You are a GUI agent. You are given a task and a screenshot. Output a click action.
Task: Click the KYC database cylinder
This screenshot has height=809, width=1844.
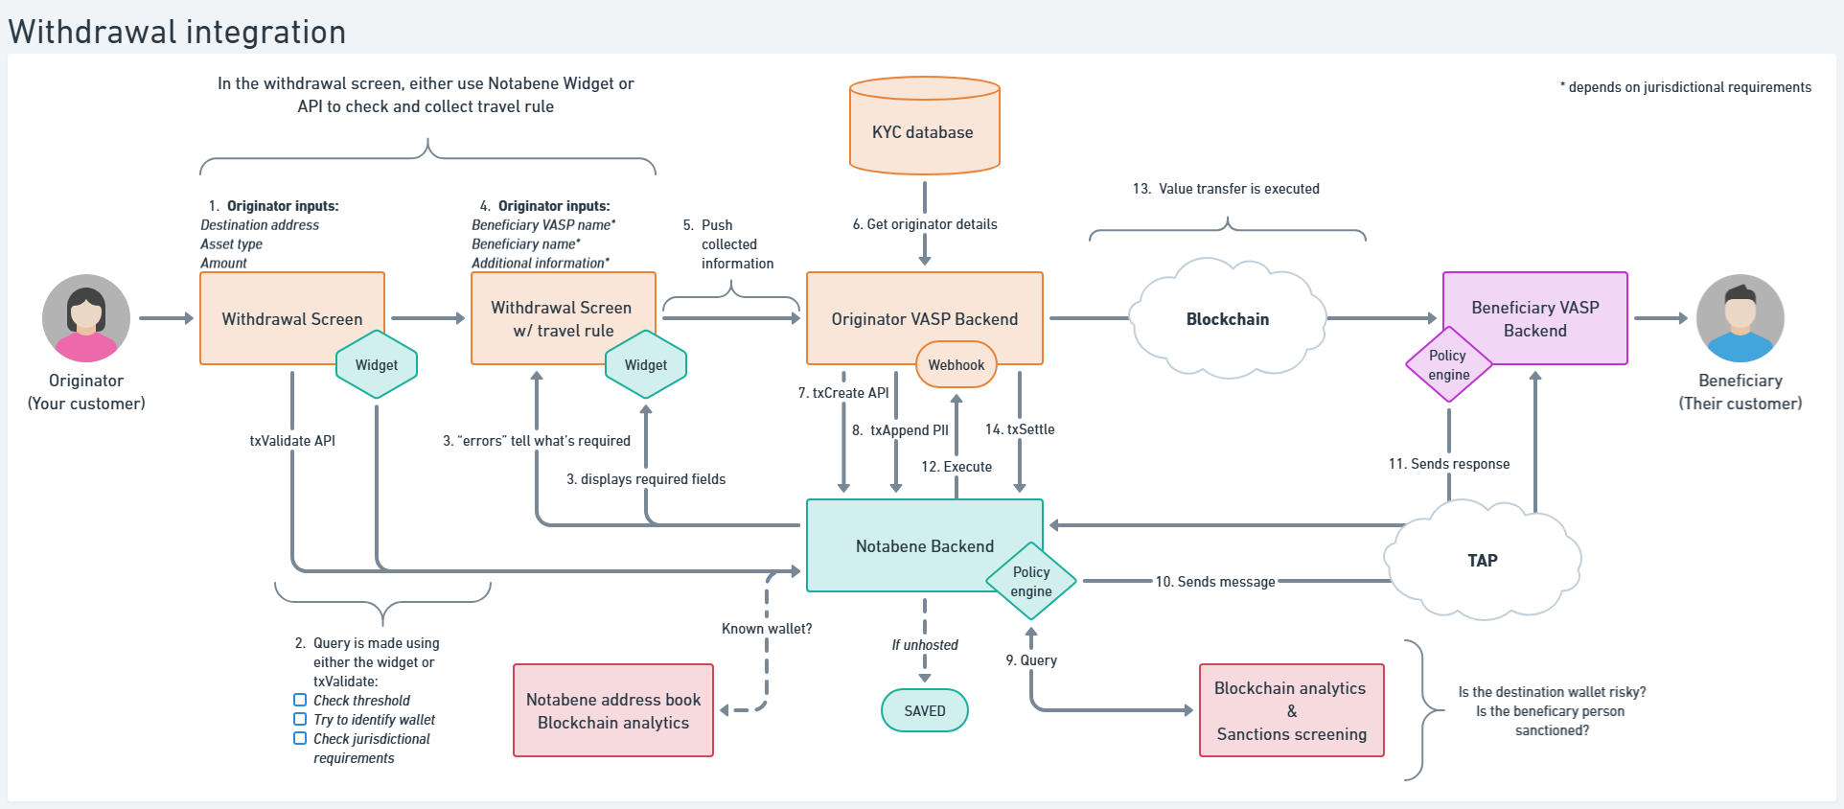click(924, 130)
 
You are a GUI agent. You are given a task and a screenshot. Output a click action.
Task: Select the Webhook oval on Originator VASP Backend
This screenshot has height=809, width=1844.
click(956, 365)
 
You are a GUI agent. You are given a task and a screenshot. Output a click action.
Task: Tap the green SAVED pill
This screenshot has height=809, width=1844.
click(924, 710)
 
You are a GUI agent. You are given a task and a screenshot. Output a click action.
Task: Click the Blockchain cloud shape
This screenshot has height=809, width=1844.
click(1227, 319)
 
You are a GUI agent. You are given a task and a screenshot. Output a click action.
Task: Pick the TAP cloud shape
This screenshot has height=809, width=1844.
click(1482, 561)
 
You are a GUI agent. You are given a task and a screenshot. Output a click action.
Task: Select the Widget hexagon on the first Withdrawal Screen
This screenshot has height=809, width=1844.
click(377, 365)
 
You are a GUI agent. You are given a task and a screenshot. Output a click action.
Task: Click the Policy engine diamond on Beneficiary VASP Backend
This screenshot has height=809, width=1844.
click(1448, 365)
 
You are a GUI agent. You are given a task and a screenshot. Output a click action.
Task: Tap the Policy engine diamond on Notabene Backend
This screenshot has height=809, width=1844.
click(1031, 581)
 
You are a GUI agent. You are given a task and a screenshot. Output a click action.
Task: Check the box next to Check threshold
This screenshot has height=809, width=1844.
click(300, 700)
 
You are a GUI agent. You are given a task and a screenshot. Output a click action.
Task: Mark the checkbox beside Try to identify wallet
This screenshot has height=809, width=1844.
click(300, 719)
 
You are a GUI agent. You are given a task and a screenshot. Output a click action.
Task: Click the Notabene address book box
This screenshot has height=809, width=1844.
click(613, 710)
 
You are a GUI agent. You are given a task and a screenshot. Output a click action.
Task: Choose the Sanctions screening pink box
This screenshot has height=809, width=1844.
click(1291, 710)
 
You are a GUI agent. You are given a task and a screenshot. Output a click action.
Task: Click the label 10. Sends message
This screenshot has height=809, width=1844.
click(1214, 582)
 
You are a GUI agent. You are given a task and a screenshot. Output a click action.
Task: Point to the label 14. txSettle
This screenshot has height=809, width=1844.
click(1020, 429)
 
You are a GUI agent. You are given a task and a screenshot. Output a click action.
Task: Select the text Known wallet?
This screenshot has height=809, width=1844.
click(766, 629)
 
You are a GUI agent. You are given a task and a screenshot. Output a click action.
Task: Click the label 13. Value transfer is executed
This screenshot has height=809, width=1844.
click(1226, 189)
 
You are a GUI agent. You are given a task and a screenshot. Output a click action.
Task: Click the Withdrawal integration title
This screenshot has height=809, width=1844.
click(177, 32)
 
